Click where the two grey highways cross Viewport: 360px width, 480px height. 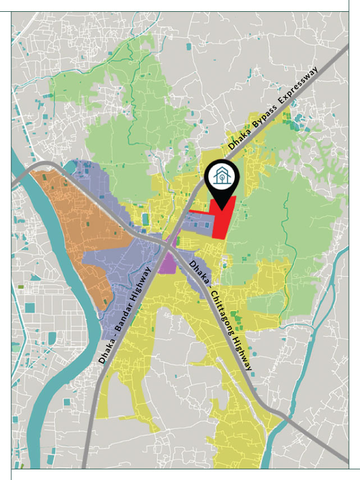170,245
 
